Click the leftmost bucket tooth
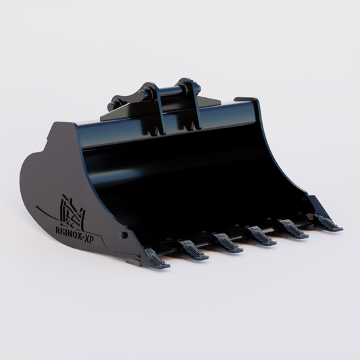coord(156,257)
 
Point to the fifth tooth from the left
coord(294,230)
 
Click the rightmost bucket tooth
coord(327,224)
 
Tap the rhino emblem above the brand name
coord(72,211)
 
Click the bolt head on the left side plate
coord(124,235)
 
